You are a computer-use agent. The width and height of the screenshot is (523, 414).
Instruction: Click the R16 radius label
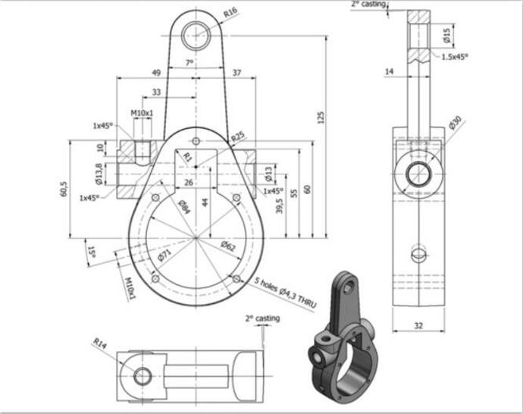pos(231,12)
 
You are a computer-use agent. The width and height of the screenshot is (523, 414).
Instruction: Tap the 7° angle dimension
pos(189,63)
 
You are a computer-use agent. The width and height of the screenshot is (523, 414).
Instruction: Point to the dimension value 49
pos(156,73)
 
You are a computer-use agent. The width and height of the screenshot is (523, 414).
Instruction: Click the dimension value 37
pos(236,73)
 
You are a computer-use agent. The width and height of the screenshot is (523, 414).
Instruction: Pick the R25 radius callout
pos(238,136)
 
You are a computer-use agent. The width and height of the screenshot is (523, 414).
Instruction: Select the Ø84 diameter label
pos(183,205)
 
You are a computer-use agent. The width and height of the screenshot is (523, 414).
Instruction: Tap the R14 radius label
pos(100,343)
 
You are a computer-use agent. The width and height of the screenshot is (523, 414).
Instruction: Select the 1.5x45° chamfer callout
pos(454,56)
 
